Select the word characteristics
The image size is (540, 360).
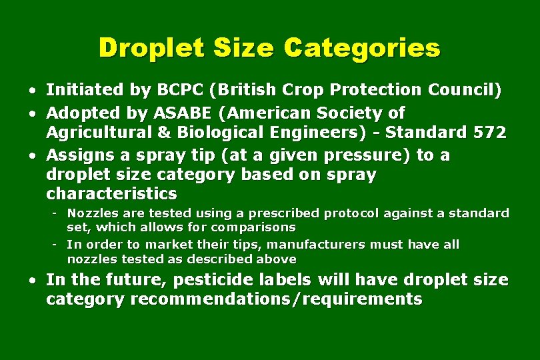[x=111, y=194]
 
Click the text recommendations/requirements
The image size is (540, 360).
[x=277, y=299]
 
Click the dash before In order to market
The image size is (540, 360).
[x=57, y=245]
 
